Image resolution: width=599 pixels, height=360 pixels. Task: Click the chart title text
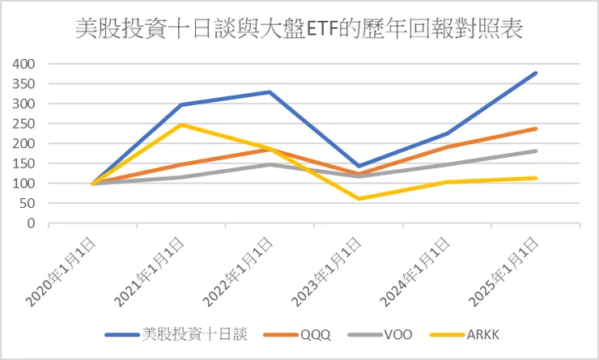coord(299,31)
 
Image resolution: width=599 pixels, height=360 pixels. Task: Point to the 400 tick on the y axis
coord(23,64)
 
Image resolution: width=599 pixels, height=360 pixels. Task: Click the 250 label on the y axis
coord(23,124)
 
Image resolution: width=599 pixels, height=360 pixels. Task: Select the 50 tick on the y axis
coord(27,204)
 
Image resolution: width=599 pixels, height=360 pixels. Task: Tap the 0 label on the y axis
coord(30,224)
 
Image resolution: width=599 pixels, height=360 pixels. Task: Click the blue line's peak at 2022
coord(270,92)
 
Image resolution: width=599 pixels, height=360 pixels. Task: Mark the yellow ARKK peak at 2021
coord(181,125)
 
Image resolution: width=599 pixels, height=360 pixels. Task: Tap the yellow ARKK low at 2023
coord(359,199)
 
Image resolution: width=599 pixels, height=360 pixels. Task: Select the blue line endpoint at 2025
coord(537,73)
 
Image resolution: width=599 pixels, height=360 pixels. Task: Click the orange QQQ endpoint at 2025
coord(537,129)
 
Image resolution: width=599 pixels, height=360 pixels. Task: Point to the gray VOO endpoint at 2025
coord(537,151)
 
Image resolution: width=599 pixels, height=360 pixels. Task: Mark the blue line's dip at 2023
coord(359,166)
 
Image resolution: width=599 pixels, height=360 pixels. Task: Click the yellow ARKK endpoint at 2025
coord(537,178)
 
